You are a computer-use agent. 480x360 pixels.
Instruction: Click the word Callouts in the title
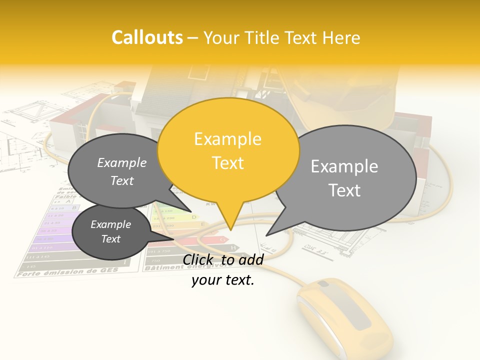tap(147, 38)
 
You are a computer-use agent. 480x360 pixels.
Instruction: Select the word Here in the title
tap(341, 38)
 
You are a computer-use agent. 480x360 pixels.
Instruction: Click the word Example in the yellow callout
tap(227, 139)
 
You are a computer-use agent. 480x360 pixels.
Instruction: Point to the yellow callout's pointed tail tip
tap(230, 230)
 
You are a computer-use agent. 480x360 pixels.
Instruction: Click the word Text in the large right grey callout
tap(344, 190)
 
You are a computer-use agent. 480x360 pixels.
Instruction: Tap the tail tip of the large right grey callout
tap(266, 235)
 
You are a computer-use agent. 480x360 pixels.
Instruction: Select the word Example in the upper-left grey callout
tap(122, 163)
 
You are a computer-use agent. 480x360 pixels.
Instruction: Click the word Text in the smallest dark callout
tap(111, 239)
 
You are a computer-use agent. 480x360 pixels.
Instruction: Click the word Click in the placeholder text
tap(198, 259)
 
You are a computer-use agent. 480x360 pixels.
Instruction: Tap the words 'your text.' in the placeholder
tap(223, 280)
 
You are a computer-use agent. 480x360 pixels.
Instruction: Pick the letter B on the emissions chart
tap(75, 207)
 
